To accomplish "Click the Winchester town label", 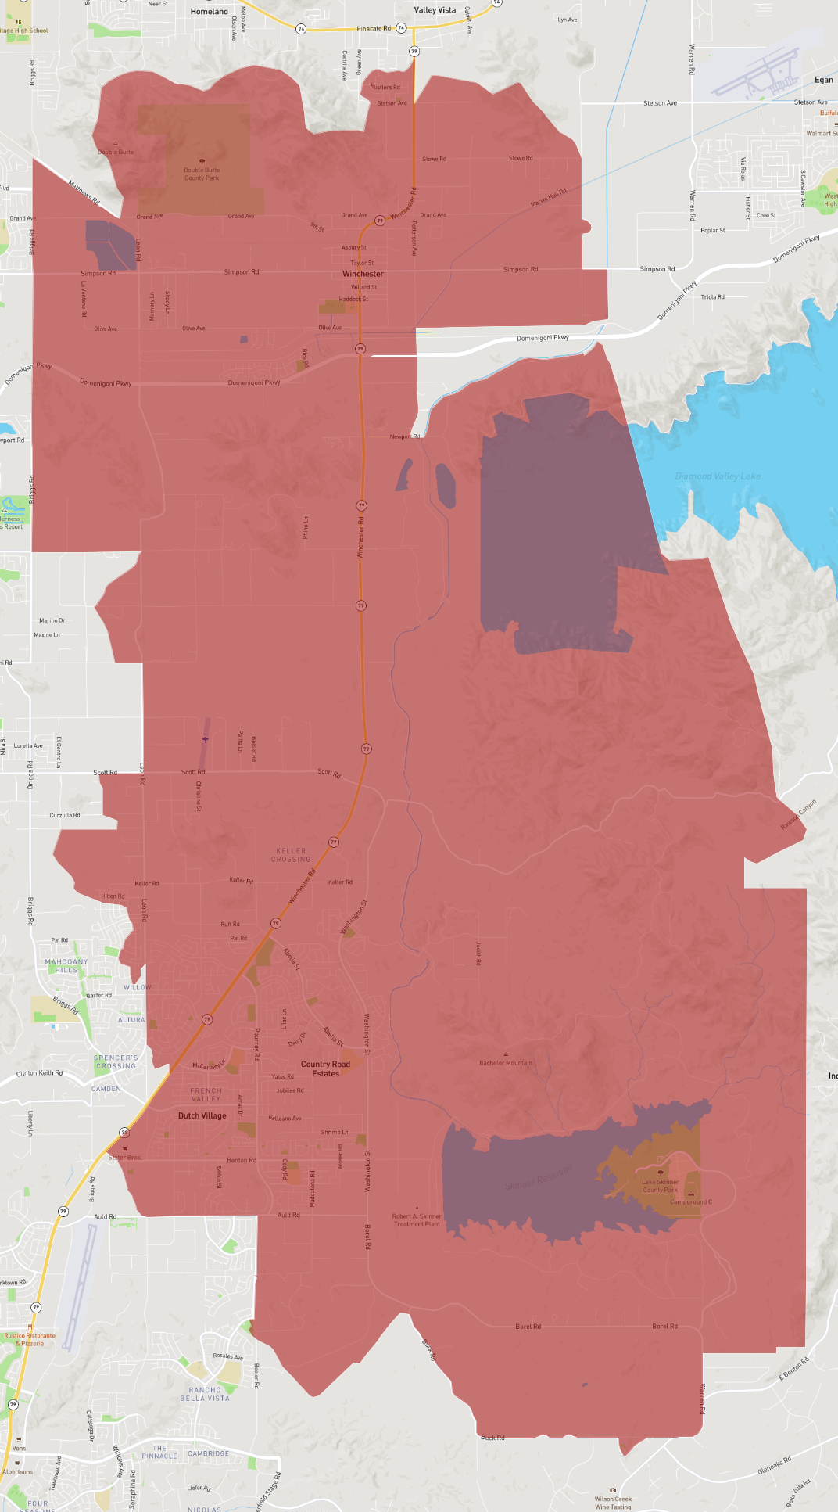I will click(363, 274).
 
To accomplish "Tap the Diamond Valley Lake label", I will click(718, 476).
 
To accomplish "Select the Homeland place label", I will click(209, 12).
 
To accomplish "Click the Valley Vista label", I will click(435, 10).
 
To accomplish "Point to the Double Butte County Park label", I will click(202, 174).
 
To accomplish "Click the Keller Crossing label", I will click(291, 855).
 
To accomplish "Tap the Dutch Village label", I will click(202, 1115).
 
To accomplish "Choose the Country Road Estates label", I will click(325, 1068).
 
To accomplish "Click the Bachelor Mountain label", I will click(506, 1063).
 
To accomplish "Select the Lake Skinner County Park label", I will click(661, 1186).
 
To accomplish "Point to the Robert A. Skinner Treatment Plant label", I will click(417, 1220).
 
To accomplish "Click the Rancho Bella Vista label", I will click(205, 1394).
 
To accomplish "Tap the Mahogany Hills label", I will click(66, 966).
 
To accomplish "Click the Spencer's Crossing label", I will click(116, 1061).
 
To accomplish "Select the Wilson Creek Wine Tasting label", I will click(613, 1503).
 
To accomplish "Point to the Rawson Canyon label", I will click(798, 815).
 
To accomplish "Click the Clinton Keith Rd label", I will click(40, 1072).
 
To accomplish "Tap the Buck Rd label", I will click(492, 1438).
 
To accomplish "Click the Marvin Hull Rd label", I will click(549, 197).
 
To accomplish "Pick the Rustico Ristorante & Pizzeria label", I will click(30, 1339).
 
